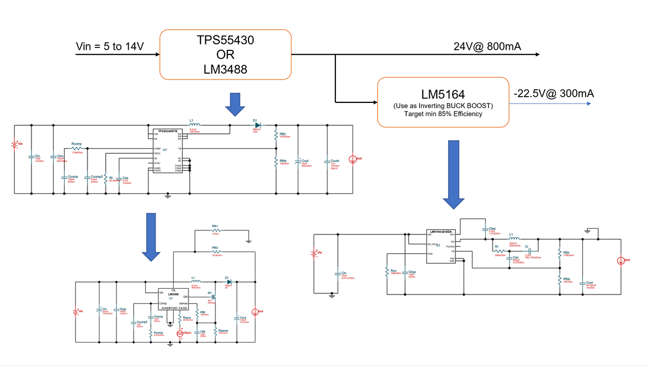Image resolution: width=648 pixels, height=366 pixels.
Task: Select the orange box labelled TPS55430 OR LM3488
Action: click(x=225, y=54)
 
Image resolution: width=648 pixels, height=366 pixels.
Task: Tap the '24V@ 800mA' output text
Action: click(x=487, y=46)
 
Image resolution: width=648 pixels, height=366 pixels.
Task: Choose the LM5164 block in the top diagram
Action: click(x=443, y=101)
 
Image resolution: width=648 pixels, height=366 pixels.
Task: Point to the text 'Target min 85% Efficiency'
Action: click(x=443, y=114)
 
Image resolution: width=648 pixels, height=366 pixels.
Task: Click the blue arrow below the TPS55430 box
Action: click(x=235, y=104)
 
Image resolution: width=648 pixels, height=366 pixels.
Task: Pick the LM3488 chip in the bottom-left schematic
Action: click(x=173, y=299)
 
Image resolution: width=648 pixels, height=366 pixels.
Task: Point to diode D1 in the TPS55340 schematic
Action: click(x=257, y=125)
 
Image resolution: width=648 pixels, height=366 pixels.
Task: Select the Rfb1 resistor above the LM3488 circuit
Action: click(x=215, y=230)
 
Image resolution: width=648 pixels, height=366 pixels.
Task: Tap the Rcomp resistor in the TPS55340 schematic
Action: click(x=77, y=148)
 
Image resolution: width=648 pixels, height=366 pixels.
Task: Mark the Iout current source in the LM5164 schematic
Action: click(x=621, y=261)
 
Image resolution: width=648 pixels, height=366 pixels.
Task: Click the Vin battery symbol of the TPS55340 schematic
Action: click(x=15, y=145)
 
